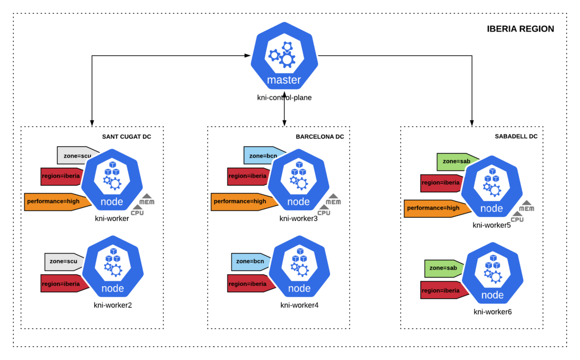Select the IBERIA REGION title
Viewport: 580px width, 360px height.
520,29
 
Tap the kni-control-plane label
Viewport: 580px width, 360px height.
284,97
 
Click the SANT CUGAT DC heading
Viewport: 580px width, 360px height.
126,137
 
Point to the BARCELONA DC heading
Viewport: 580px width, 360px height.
320,137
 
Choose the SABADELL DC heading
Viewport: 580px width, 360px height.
516,136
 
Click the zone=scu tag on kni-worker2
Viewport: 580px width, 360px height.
63,261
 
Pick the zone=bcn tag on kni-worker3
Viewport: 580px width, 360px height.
259,156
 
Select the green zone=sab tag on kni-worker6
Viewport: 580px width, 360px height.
443,268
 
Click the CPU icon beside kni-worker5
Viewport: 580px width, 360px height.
517,216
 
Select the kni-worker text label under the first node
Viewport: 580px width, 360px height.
112,218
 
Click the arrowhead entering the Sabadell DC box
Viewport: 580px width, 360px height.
472,123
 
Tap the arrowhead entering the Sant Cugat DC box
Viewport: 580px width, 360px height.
92,123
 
